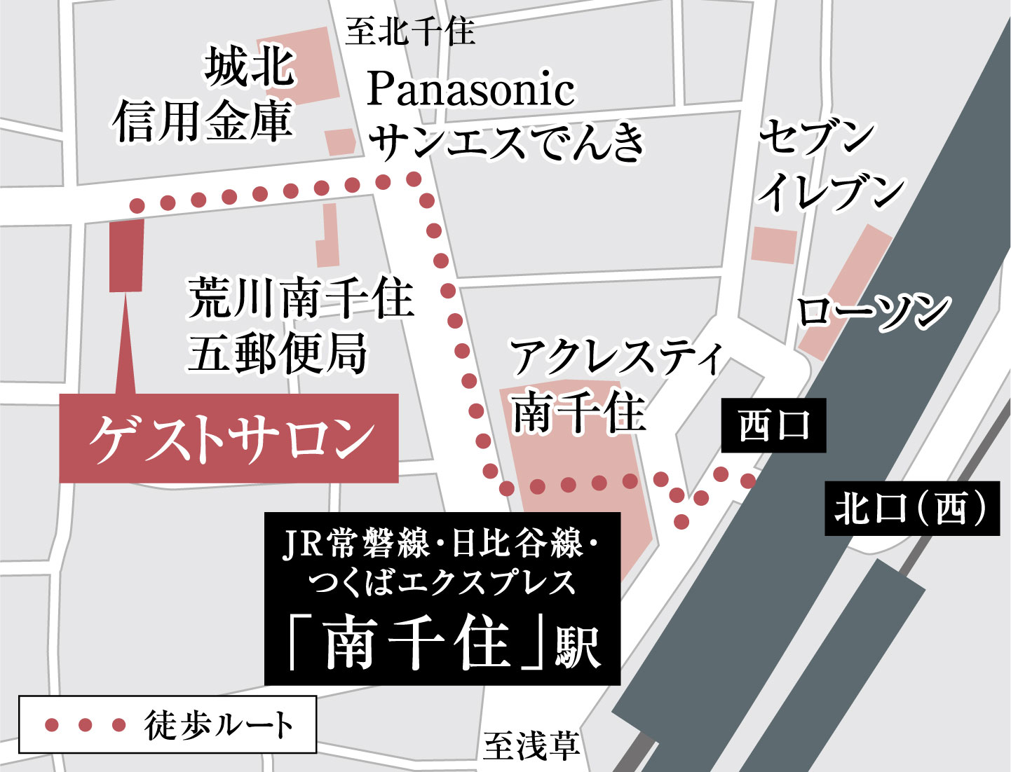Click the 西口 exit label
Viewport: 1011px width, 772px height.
pos(773,426)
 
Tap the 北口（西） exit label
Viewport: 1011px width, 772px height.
pos(911,508)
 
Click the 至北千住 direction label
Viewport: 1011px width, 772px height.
pos(410,32)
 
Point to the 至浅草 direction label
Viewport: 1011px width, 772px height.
pos(531,745)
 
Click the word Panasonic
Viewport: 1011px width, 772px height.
pos(470,90)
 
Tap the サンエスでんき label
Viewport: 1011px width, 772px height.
pos(506,140)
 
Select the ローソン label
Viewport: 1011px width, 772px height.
pos(873,310)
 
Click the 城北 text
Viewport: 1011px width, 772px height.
pos(250,68)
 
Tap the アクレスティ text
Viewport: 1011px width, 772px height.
pos(616,357)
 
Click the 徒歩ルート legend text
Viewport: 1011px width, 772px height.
pos(219,725)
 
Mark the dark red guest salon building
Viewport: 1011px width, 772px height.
pos(126,255)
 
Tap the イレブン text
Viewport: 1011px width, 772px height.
pos(832,190)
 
